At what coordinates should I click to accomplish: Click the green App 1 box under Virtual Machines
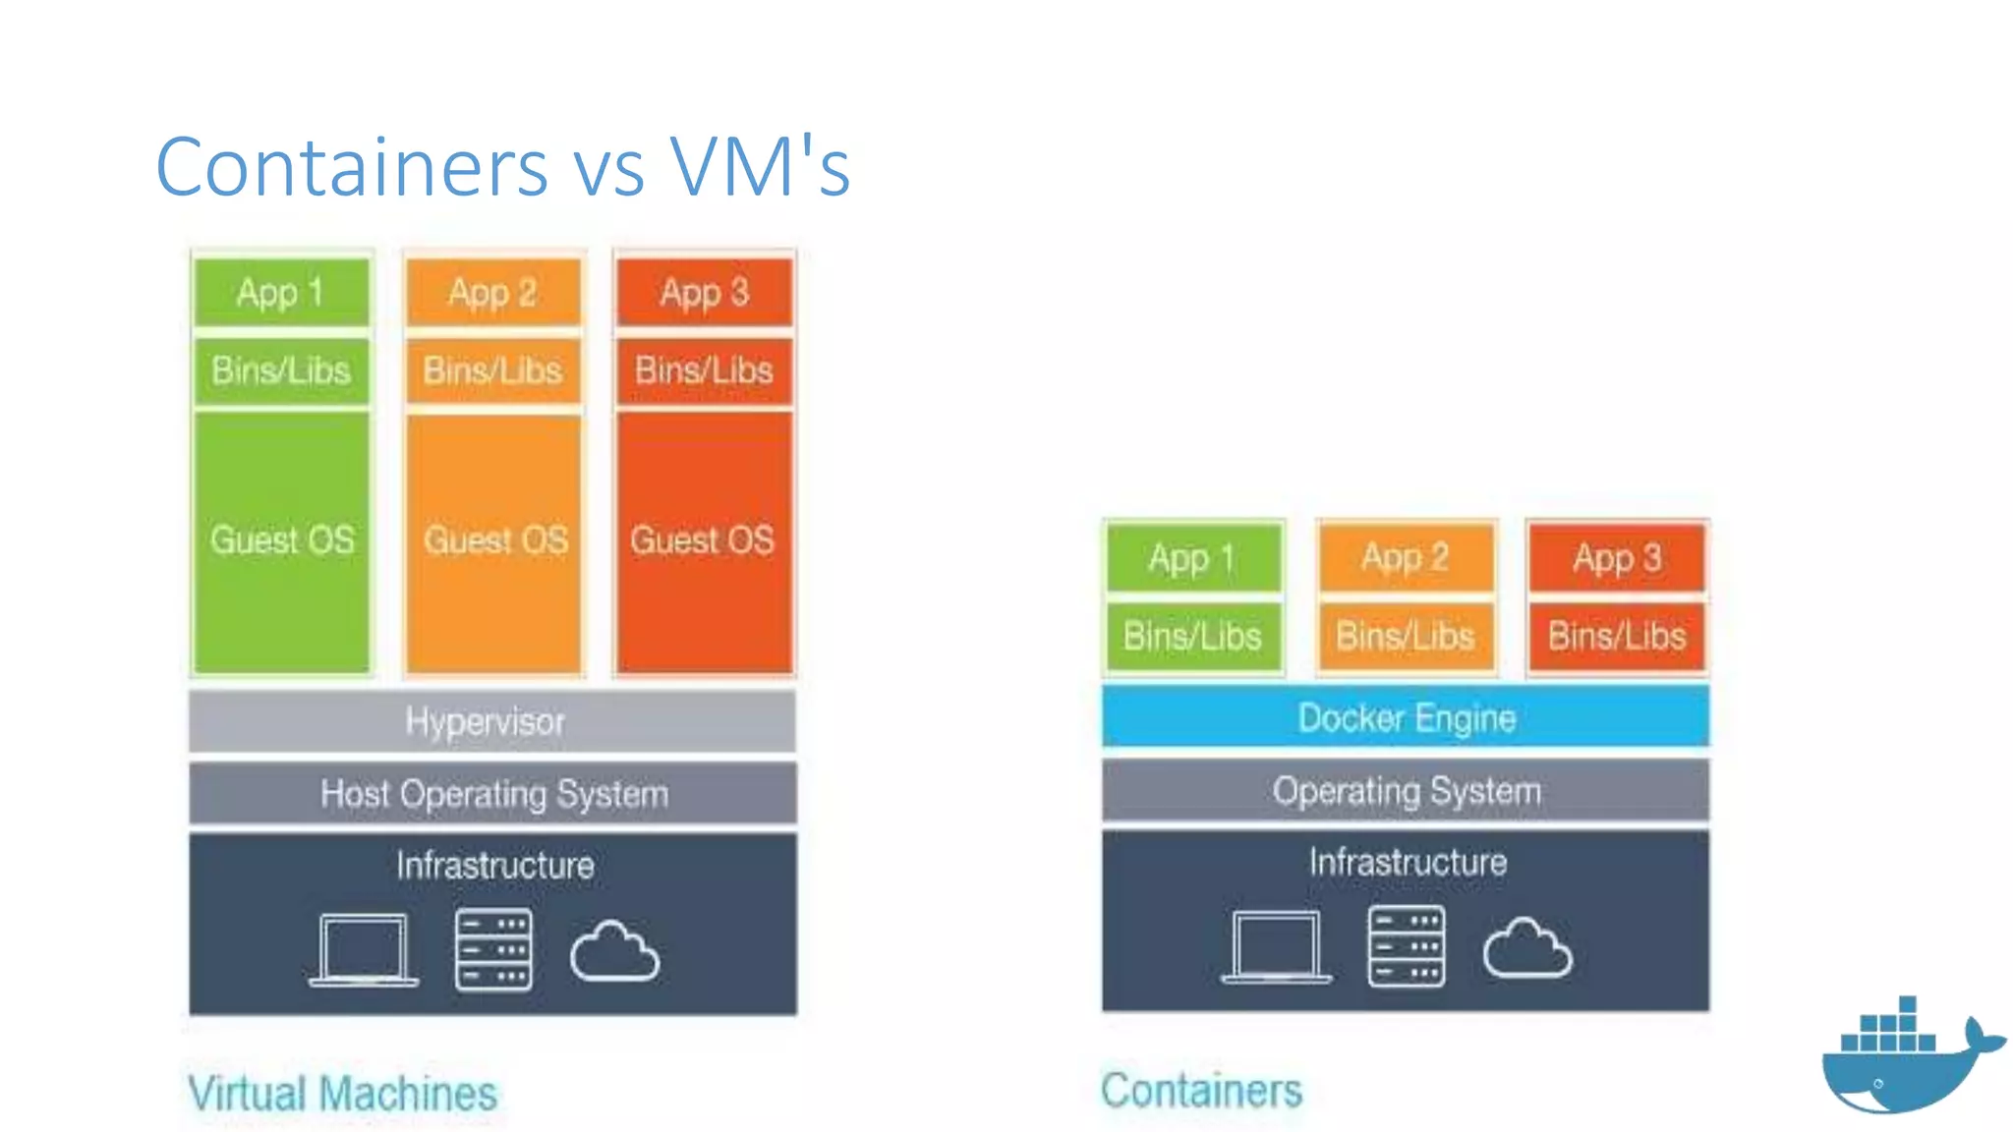(x=281, y=292)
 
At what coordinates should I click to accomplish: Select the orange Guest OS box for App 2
(x=493, y=541)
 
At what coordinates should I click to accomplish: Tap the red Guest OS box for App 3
(x=704, y=541)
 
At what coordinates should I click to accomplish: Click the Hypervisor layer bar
(x=492, y=722)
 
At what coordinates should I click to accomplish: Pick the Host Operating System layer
(x=492, y=794)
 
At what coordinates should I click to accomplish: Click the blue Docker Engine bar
(x=1406, y=718)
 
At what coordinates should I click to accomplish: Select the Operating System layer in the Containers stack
(x=1406, y=791)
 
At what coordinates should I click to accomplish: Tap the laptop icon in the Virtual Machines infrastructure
(x=364, y=949)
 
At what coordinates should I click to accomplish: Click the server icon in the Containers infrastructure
(x=1407, y=946)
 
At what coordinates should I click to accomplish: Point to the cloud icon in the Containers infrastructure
(x=1527, y=949)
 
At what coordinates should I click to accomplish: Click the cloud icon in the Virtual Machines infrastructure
(x=614, y=951)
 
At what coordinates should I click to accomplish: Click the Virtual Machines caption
(x=342, y=1094)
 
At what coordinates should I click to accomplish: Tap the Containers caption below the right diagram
(x=1201, y=1091)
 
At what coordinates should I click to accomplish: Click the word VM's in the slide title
(x=759, y=167)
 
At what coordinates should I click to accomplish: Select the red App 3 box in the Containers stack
(x=1617, y=558)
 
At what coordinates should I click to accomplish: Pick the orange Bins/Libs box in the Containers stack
(x=1406, y=637)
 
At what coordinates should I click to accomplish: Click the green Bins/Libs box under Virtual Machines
(x=281, y=370)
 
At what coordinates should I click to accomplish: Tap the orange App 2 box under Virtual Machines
(x=492, y=292)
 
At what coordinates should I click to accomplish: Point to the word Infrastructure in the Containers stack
(x=1408, y=863)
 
